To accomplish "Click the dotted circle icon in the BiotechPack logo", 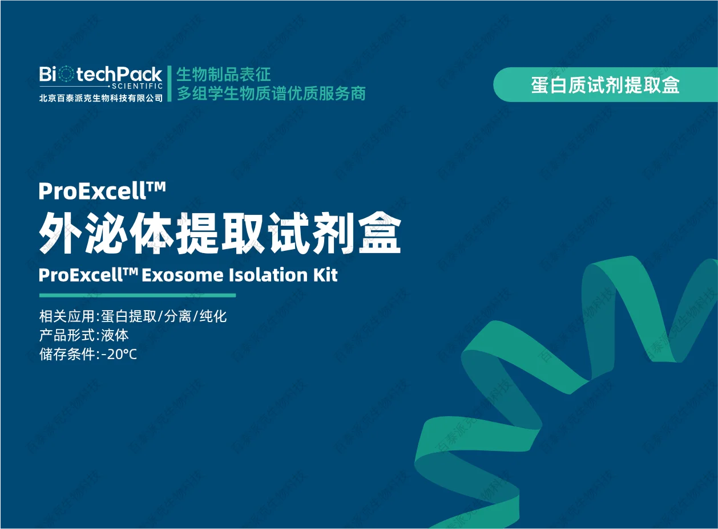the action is [x=67, y=74].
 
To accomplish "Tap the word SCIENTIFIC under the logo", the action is [x=137, y=86].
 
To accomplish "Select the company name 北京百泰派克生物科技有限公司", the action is [x=101, y=97].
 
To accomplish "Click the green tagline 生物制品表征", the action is [x=223, y=74].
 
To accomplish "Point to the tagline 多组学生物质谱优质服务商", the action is [x=271, y=93].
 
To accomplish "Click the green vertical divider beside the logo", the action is [x=170, y=84].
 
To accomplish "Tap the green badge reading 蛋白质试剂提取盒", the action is [x=606, y=85].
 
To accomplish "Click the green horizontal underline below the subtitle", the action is [x=138, y=295].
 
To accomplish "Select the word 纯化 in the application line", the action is [x=213, y=316].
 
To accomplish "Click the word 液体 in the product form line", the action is [x=115, y=335].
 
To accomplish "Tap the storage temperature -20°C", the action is [x=119, y=355].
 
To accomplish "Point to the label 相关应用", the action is [x=67, y=316].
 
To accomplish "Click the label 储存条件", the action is [x=67, y=355].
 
